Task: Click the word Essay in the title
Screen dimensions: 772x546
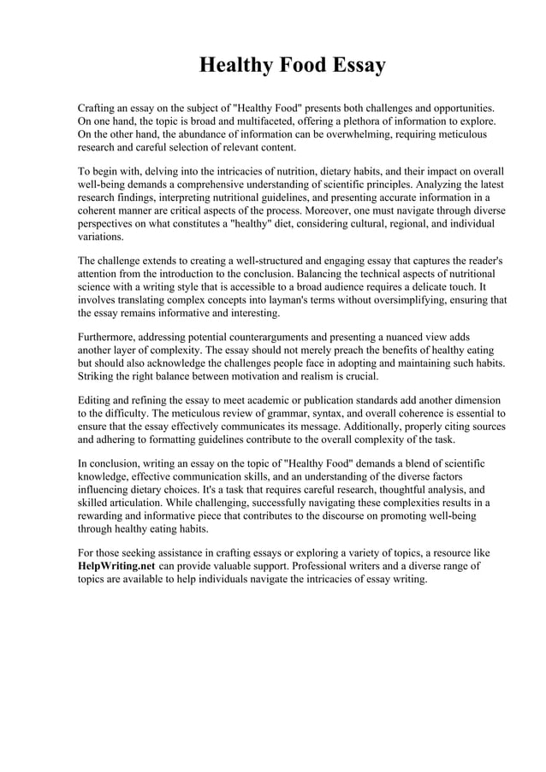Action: pos(348,66)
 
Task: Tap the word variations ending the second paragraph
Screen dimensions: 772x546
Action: pos(100,236)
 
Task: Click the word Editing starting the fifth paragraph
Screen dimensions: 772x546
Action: pos(95,400)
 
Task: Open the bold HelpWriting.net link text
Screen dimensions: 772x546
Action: pos(116,566)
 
